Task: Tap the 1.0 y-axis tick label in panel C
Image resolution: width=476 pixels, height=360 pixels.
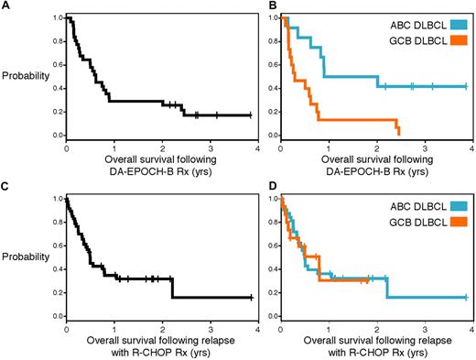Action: [x=57, y=199]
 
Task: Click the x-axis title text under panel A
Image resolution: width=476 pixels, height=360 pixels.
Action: [x=161, y=161]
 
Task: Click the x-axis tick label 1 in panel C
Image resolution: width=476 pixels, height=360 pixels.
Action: [x=114, y=327]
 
